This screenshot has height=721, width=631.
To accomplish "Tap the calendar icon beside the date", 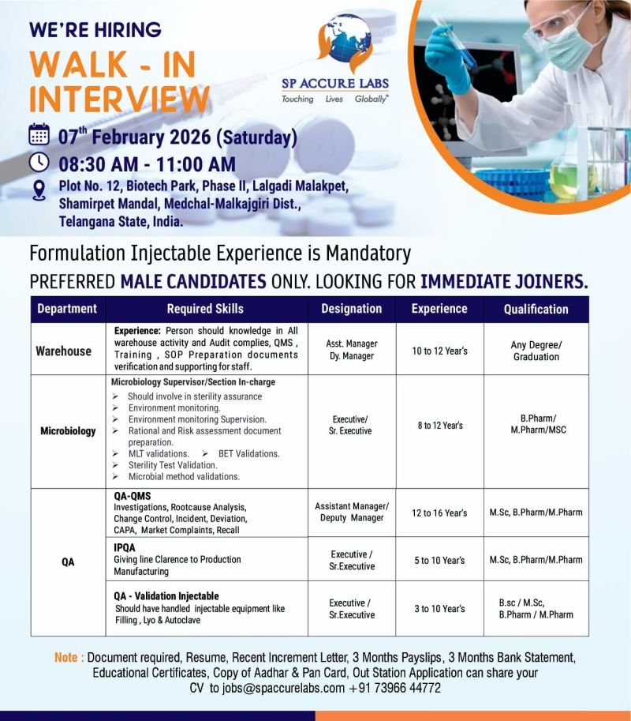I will [x=39, y=134].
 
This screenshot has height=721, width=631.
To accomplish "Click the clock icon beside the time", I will [x=39, y=162].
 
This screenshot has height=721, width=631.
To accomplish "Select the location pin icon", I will [x=39, y=190].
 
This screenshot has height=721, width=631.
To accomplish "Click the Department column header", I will [x=67, y=309].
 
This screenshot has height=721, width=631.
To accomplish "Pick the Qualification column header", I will [x=536, y=309].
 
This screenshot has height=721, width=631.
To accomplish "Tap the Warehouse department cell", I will [x=63, y=351].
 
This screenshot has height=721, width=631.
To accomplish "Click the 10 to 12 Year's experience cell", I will [x=439, y=351].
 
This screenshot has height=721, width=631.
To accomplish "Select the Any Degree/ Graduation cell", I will [x=536, y=351].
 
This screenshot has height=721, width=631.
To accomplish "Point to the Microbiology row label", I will [x=68, y=431].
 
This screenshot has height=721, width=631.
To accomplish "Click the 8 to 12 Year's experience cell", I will [x=439, y=426].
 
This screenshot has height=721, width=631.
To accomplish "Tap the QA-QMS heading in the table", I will [x=132, y=496].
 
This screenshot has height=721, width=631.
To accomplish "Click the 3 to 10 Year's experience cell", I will [x=439, y=609].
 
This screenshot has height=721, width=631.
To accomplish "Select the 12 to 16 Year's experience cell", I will [x=439, y=513].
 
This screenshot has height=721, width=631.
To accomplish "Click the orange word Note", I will [x=68, y=658].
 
